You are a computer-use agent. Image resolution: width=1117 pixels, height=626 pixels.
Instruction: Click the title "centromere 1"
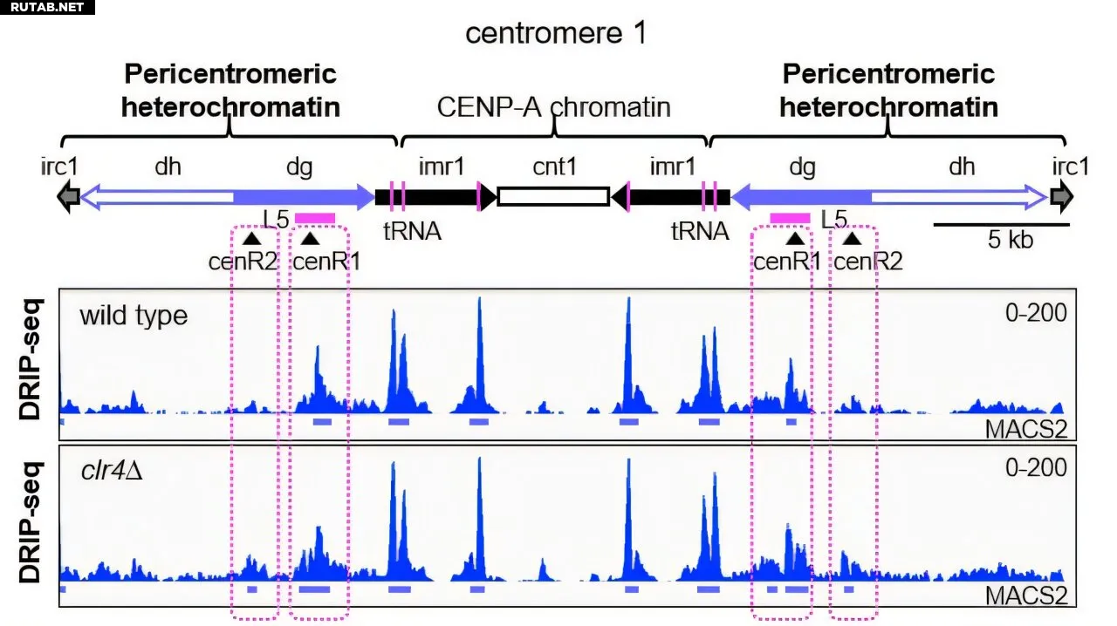[557, 33]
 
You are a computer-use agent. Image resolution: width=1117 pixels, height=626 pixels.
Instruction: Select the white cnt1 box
[552, 196]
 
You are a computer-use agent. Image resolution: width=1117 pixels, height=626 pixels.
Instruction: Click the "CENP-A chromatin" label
[554, 107]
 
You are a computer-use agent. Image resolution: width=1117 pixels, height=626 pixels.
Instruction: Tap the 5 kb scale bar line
[1001, 224]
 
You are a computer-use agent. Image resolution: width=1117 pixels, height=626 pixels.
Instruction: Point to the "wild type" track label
[134, 315]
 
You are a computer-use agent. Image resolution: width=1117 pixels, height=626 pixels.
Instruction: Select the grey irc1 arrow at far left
[67, 196]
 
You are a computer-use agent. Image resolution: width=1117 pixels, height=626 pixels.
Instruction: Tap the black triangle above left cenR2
[251, 237]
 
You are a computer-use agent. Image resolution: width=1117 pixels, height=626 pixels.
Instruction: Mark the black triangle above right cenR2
[852, 237]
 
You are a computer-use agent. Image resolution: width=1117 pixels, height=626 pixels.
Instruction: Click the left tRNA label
[412, 231]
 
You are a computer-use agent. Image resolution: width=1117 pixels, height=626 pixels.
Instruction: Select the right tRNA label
[700, 231]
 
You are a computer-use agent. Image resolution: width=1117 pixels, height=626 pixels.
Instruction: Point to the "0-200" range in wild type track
[1036, 311]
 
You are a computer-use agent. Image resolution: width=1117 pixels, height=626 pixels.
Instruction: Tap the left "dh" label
[168, 166]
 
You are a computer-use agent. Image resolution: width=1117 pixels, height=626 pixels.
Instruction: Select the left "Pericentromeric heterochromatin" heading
[230, 90]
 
